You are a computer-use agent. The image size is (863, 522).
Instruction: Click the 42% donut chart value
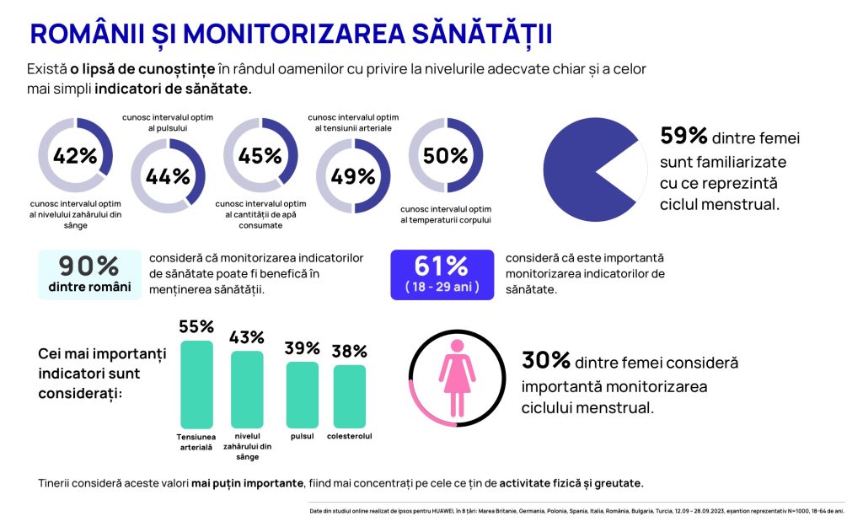[x=75, y=156]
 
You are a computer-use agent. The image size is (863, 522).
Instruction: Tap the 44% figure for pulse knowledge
[x=168, y=176]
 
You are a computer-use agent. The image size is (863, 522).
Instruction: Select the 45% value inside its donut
[x=260, y=156]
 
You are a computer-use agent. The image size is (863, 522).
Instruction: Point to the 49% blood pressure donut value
[x=353, y=176]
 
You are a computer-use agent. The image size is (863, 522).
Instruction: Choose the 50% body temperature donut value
[x=446, y=156]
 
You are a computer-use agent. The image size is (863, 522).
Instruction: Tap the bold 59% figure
[x=684, y=137]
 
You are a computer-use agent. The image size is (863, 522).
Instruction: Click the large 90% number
[x=89, y=265]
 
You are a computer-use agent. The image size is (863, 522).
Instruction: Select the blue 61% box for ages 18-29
[x=441, y=274]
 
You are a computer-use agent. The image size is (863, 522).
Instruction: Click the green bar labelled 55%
[x=197, y=384]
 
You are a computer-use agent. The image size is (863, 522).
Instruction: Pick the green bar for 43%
[x=247, y=389]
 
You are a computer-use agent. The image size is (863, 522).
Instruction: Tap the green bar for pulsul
[x=303, y=395]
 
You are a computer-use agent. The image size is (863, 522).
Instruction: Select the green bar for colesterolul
[x=349, y=396]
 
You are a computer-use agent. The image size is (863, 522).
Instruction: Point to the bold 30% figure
[x=546, y=361]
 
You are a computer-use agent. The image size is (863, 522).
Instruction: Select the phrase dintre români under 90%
[x=89, y=287]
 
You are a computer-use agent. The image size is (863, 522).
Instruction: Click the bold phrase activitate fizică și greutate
[x=571, y=483]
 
